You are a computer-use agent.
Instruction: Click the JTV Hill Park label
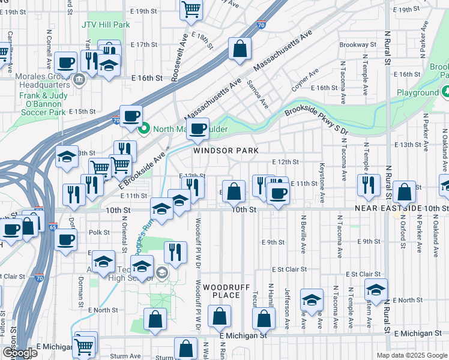pos(106,25)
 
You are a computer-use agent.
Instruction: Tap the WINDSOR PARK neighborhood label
pos(226,151)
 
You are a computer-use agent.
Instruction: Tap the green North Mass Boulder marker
pos(143,128)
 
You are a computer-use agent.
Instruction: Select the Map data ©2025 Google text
pos(412,355)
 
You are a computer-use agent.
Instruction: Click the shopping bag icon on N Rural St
pos(405,192)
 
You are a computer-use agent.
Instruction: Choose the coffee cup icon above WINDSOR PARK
pos(197,127)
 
